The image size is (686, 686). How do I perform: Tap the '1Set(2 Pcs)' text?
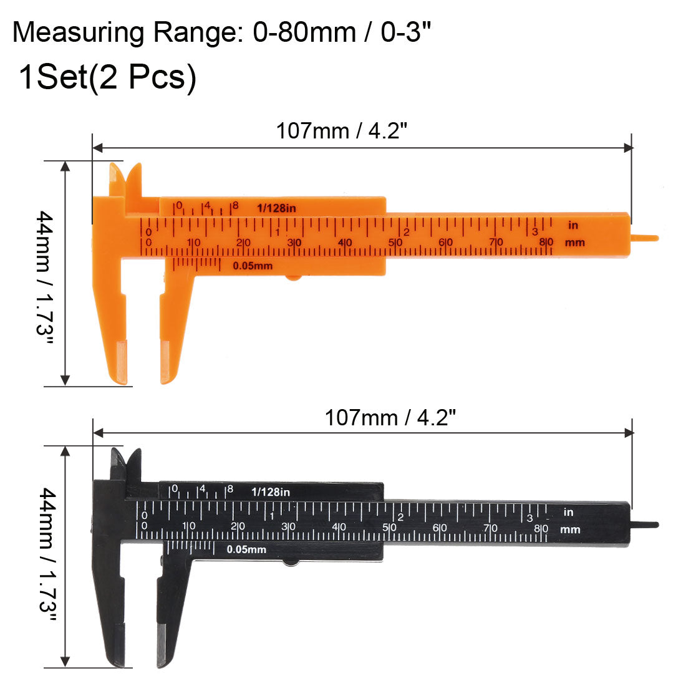click(x=107, y=78)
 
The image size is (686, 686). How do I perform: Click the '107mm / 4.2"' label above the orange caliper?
click(x=342, y=131)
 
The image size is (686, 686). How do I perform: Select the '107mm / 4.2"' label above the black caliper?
click(x=387, y=417)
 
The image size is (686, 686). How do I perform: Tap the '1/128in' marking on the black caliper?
click(x=271, y=491)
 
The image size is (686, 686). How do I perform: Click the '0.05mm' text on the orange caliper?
click(x=253, y=266)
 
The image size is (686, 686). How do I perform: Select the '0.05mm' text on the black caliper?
click(x=246, y=549)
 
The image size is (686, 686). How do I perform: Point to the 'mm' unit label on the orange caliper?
click(x=574, y=242)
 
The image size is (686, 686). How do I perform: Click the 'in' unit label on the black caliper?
click(x=568, y=512)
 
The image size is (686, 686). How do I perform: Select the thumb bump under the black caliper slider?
click(x=291, y=563)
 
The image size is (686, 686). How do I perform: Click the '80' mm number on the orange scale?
click(x=546, y=242)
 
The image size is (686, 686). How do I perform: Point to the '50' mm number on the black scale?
click(x=389, y=528)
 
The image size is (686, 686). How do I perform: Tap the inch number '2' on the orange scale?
click(x=406, y=232)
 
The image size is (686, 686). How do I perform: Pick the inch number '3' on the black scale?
click(x=529, y=518)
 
